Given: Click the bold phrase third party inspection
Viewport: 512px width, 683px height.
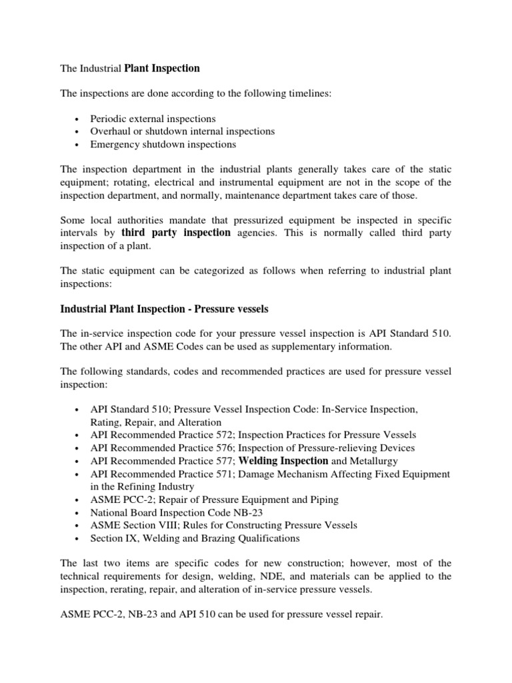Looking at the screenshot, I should click(176, 233).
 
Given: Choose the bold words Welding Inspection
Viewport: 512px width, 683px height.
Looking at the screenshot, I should click(283, 461).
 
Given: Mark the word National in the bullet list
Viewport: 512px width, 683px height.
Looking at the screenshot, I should click(109, 512).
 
